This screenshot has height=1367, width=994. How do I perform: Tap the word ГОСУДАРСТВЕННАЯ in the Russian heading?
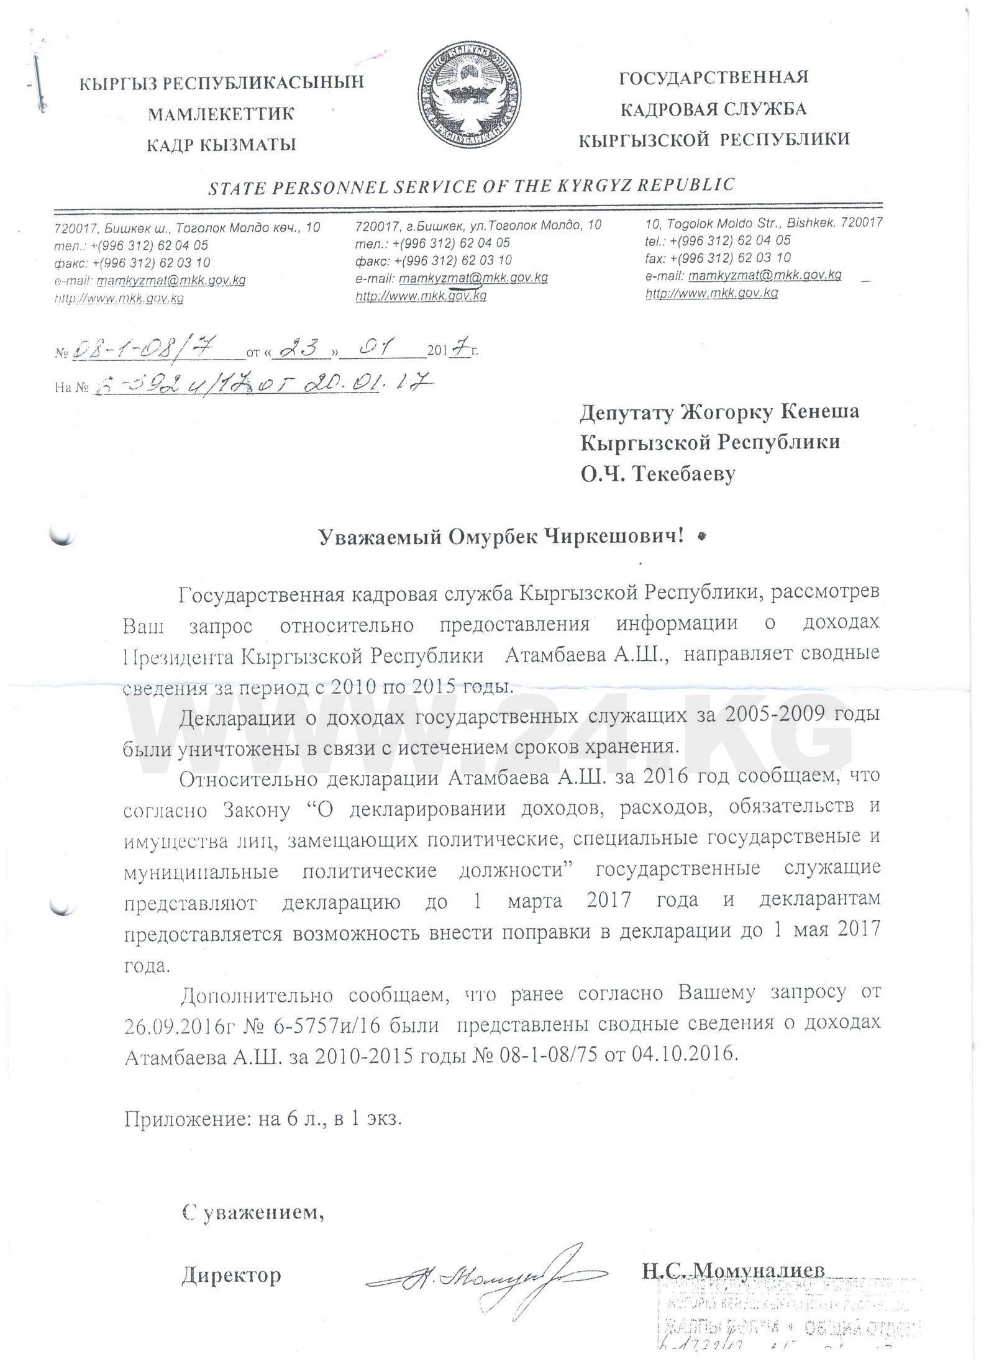714,78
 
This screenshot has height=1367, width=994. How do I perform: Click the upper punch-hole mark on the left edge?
62,535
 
